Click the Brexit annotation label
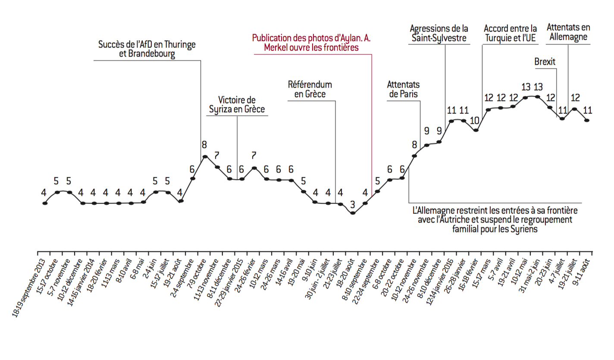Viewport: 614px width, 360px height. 545,62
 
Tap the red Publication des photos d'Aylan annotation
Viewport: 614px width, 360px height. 311,43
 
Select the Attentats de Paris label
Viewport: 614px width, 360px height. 403,89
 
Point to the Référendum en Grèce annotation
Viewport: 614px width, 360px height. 310,89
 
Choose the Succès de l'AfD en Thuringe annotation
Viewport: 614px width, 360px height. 147,49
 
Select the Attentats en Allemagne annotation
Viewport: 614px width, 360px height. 568,32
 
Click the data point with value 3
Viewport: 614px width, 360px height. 353,213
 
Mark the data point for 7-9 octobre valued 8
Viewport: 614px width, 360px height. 205,157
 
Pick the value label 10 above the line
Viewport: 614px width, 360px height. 475,120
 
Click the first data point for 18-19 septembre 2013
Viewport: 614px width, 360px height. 45,203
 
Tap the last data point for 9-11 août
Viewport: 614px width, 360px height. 586,120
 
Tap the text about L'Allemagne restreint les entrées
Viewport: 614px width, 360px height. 495,220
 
